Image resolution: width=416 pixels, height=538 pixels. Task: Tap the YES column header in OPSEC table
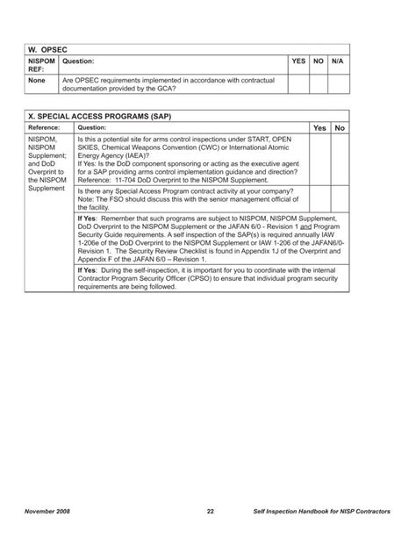(x=298, y=61)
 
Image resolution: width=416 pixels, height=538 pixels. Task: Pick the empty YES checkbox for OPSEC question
(x=298, y=84)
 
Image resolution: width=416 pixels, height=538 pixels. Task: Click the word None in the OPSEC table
(x=37, y=80)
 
